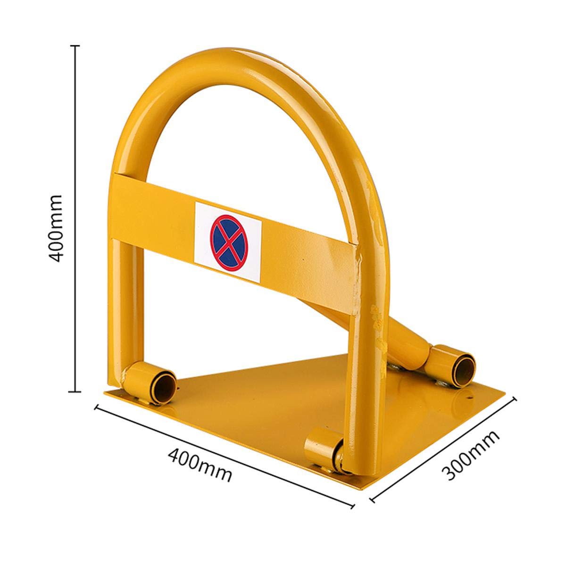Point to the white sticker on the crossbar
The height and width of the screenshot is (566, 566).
tap(228, 241)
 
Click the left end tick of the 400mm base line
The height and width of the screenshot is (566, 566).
tap(98, 408)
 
